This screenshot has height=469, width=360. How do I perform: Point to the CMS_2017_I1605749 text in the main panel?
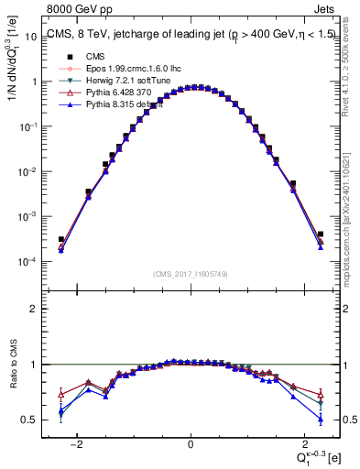191,274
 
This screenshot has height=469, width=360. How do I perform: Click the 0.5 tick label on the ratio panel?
29,420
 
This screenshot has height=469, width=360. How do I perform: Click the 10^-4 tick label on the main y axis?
27,262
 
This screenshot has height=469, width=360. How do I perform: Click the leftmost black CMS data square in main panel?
61,239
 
